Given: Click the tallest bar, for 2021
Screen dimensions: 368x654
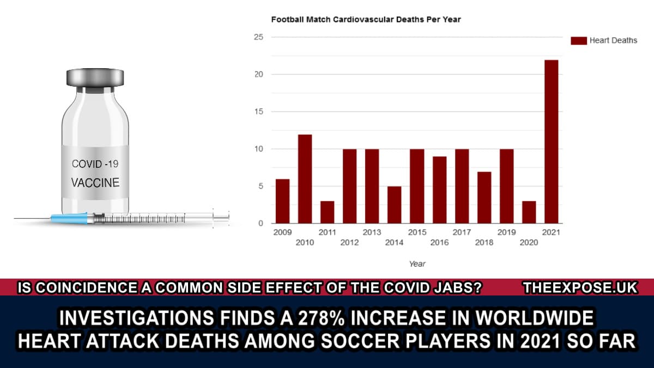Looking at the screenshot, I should click(x=551, y=141).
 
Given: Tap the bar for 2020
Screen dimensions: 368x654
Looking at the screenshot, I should click(x=529, y=212).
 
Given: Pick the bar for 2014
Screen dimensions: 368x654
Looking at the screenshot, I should click(x=394, y=204).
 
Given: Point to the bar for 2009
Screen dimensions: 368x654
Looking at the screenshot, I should click(x=282, y=201).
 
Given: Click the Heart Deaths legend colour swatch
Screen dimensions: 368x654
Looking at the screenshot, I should click(x=578, y=40).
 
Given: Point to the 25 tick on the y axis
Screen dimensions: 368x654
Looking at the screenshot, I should click(x=258, y=37).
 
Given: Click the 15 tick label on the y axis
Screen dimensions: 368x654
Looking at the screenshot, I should click(x=258, y=112).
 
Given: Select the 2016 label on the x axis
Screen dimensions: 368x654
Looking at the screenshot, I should click(x=439, y=243).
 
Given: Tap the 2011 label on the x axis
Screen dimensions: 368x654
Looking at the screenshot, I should click(x=327, y=232).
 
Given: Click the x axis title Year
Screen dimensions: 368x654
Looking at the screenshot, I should click(x=417, y=264).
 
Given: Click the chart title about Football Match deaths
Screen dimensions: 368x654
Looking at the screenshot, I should click(x=366, y=20).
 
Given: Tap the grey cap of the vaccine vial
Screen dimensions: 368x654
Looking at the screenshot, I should click(x=95, y=77).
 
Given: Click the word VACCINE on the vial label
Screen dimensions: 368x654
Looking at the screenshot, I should click(x=95, y=182).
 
